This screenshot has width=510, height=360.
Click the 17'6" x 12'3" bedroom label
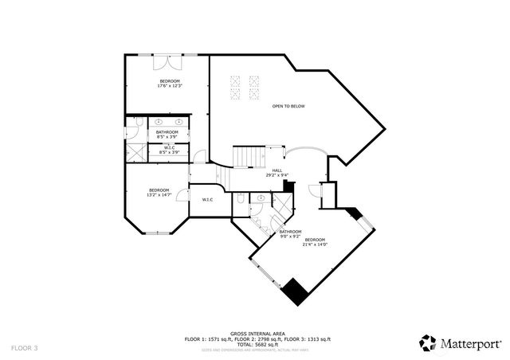pos(169,84)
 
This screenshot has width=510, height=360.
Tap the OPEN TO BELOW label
pos(288,106)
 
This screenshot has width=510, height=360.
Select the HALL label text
pos(277,172)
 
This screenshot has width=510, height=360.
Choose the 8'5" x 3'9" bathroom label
pos(167,134)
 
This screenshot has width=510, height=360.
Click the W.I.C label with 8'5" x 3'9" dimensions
pos(169,149)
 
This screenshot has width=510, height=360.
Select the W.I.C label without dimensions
pos(206,199)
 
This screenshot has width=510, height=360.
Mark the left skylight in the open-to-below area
pos(236,84)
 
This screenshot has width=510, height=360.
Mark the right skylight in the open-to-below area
pos(254,84)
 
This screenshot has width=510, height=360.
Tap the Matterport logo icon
pos(428,342)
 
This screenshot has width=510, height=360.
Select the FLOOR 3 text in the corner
pos(25,348)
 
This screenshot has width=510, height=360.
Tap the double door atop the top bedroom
pos(169,60)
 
